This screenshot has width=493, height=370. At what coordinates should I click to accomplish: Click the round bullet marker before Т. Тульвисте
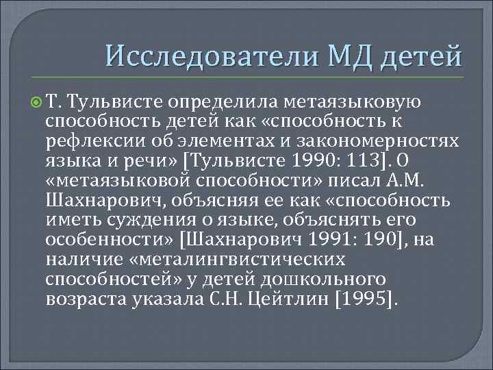coord(36,103)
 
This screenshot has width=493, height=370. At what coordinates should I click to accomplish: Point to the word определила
coord(220,103)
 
